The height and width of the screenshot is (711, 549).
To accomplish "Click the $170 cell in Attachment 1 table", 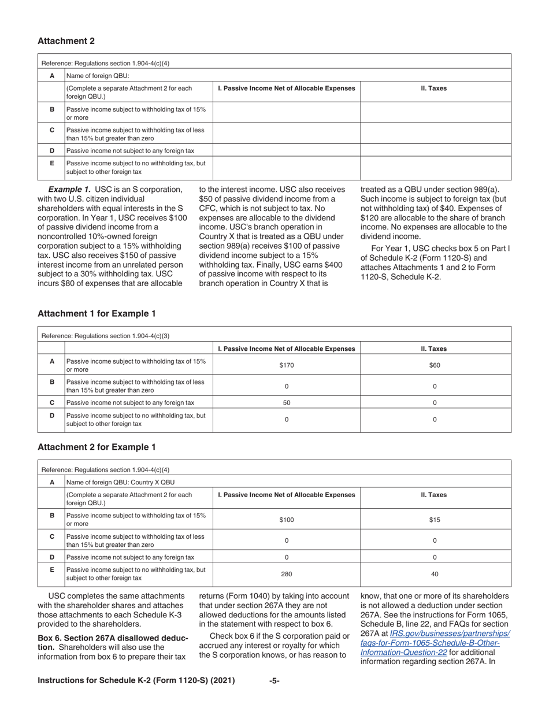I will click(x=287, y=365).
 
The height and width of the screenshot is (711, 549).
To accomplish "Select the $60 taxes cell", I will click(x=435, y=365).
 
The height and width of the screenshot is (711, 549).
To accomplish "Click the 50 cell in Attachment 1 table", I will click(x=287, y=402).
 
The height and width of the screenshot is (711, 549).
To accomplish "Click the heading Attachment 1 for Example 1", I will click(x=97, y=314).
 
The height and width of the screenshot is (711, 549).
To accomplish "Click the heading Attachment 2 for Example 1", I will click(x=97, y=447).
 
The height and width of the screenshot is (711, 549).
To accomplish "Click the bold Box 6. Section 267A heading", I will click(x=112, y=638).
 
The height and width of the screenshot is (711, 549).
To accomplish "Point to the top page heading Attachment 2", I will click(x=66, y=41).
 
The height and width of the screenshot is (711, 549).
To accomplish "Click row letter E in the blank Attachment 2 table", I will click(x=52, y=164).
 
